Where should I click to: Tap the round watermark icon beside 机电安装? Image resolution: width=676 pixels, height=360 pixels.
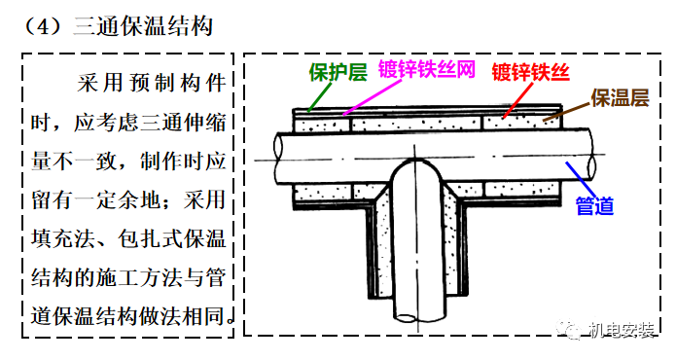[x=571, y=329]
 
